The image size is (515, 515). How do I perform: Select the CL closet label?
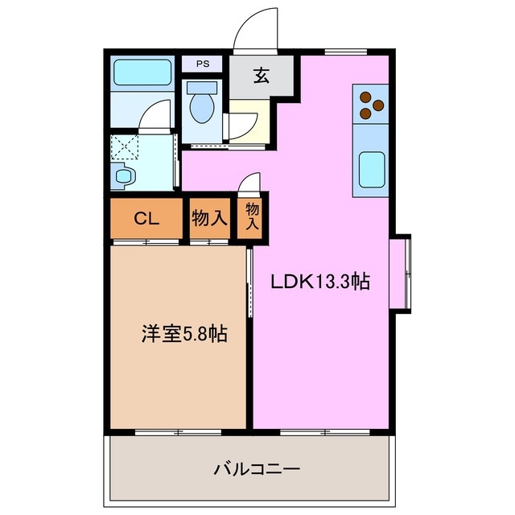point(146,217)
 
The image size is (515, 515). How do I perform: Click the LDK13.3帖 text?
point(319,282)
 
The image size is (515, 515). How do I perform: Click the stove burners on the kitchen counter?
point(369,101)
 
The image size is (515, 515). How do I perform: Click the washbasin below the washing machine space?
point(123,175)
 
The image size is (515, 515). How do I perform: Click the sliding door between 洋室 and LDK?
point(249,290)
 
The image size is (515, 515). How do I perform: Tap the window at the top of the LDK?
point(346,52)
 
